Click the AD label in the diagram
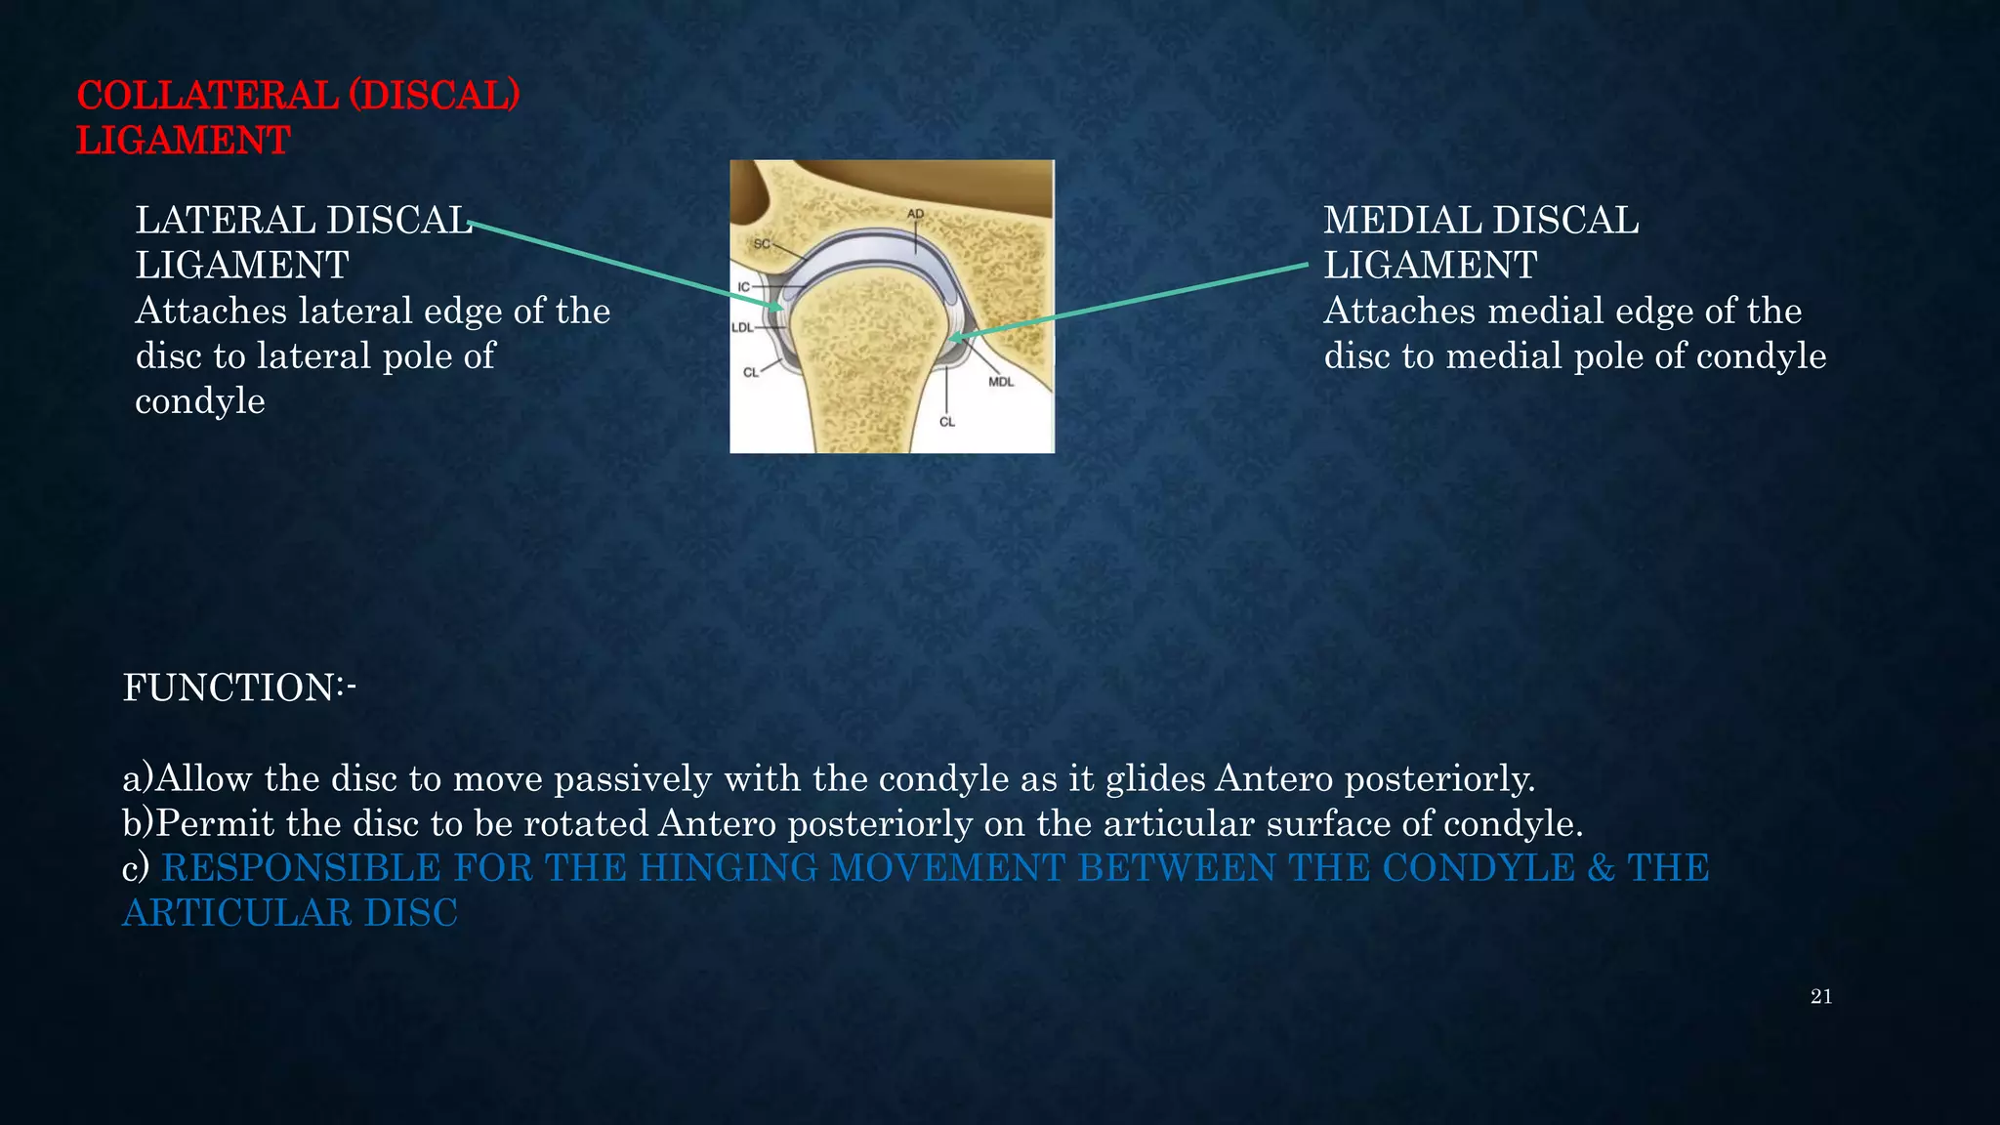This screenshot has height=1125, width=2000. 914,214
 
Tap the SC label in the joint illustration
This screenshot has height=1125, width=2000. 762,243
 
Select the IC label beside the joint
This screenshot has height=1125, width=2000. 743,287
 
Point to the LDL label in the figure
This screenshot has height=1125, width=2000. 742,327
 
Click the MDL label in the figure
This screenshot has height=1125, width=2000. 1001,382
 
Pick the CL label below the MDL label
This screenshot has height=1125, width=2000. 946,422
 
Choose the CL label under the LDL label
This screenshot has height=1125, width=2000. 750,372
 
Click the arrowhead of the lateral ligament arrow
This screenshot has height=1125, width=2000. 778,308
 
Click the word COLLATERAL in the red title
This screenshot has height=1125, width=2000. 207,96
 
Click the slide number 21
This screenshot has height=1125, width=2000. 1820,997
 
